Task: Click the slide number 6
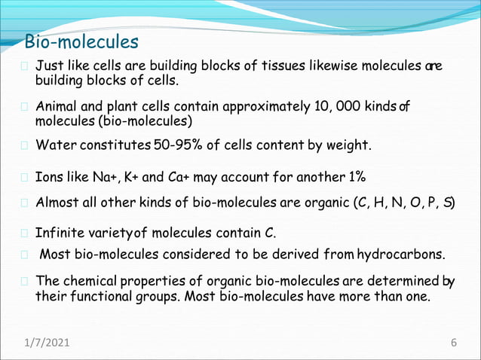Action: click(x=454, y=343)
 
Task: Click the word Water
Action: click(x=57, y=144)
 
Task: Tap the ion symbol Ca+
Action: click(x=179, y=178)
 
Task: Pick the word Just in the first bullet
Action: click(x=50, y=66)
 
